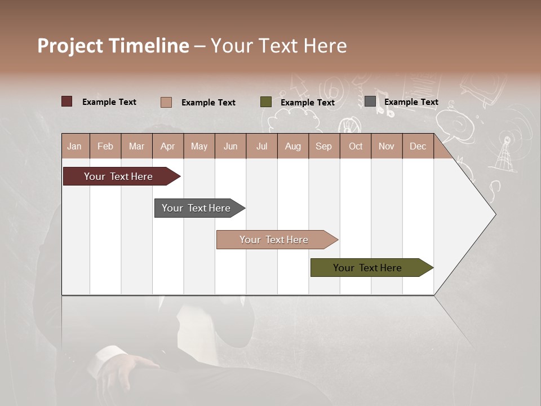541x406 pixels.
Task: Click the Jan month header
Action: [75, 146]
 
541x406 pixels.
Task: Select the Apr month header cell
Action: [168, 146]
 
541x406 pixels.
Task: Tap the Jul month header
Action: [261, 146]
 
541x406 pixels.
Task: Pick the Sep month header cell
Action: [324, 146]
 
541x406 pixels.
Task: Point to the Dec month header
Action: [418, 146]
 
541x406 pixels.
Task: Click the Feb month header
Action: [105, 146]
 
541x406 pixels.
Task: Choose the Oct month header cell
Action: [356, 146]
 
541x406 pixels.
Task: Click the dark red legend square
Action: [67, 101]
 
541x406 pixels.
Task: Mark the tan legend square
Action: [166, 102]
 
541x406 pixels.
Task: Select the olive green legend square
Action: [266, 102]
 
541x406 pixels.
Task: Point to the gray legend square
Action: [370, 101]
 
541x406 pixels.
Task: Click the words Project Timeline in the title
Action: [113, 46]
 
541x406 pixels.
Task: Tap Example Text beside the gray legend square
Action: [411, 102]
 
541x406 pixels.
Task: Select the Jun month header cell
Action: [230, 146]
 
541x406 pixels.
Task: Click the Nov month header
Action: [387, 146]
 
